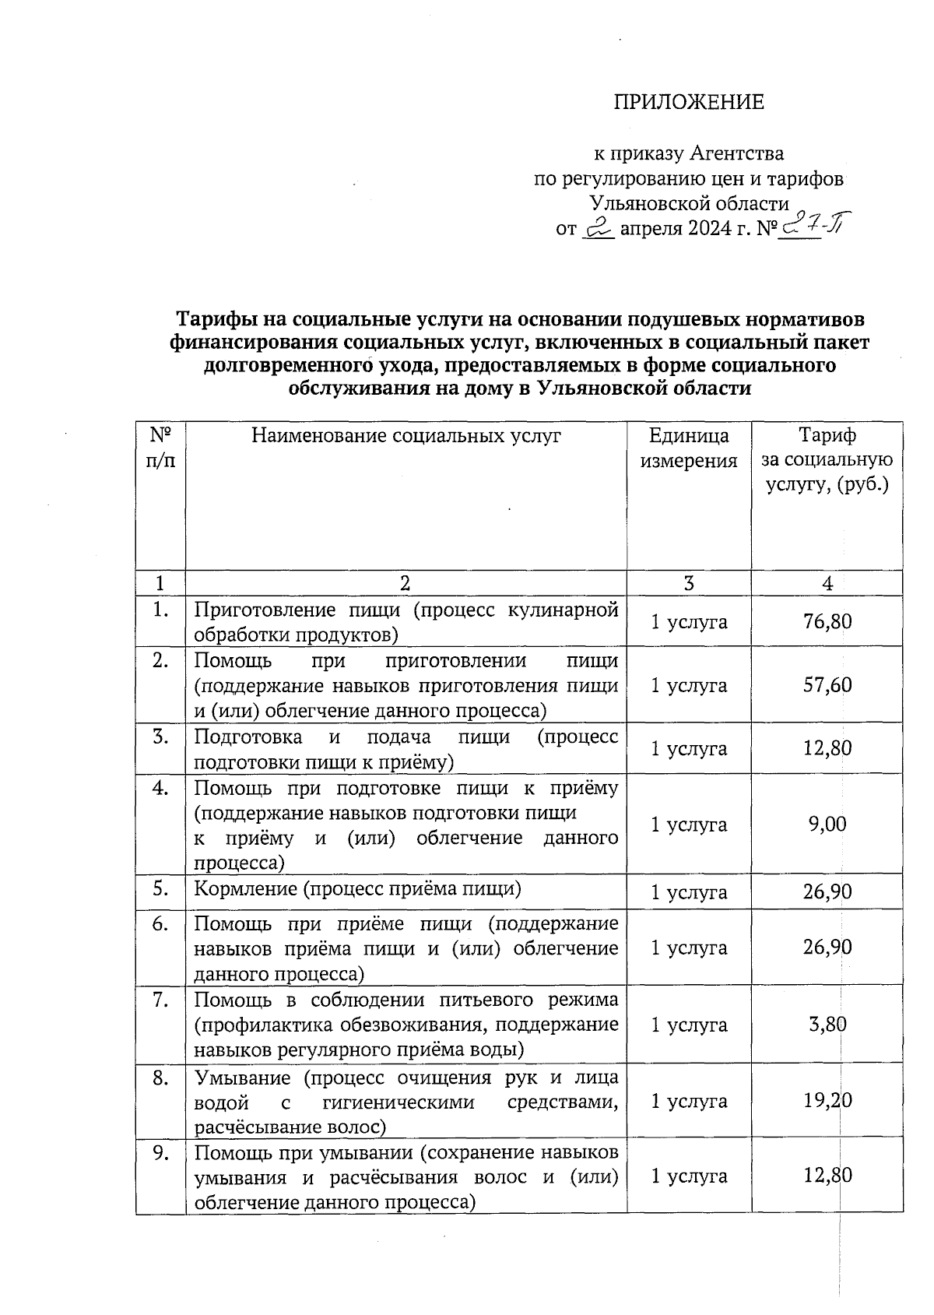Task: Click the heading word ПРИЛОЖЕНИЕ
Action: coord(689,102)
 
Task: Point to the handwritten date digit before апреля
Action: coord(599,228)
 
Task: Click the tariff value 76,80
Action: coord(827,621)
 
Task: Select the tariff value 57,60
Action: coord(827,685)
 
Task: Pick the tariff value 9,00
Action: coord(827,825)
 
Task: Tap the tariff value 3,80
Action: coord(827,1025)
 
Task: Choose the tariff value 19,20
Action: coord(827,1100)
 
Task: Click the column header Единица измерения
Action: coord(689,448)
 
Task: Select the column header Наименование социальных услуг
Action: coord(406,436)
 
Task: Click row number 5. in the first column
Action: coord(160,888)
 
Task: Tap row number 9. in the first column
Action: coord(160,1153)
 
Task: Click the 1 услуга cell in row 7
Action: coord(689,1025)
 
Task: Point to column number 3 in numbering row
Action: coord(689,583)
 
